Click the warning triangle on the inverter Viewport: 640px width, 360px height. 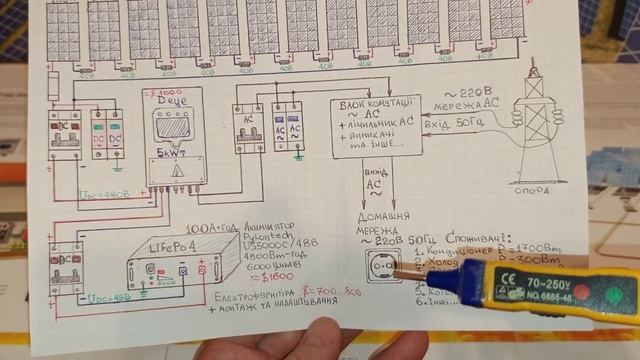point(176,172)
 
